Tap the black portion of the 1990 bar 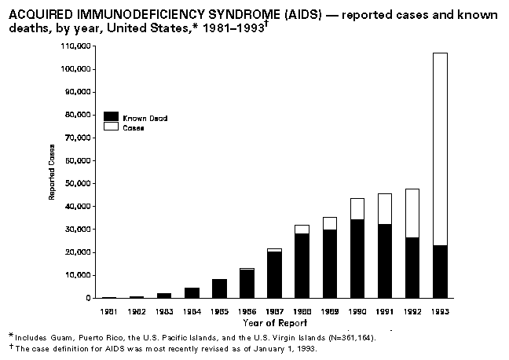tap(357, 259)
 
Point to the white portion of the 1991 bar tap(385, 208)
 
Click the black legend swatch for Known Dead tap(112, 117)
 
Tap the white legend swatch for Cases tap(112, 127)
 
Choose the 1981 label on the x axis tap(108, 312)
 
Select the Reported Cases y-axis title tap(53, 171)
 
